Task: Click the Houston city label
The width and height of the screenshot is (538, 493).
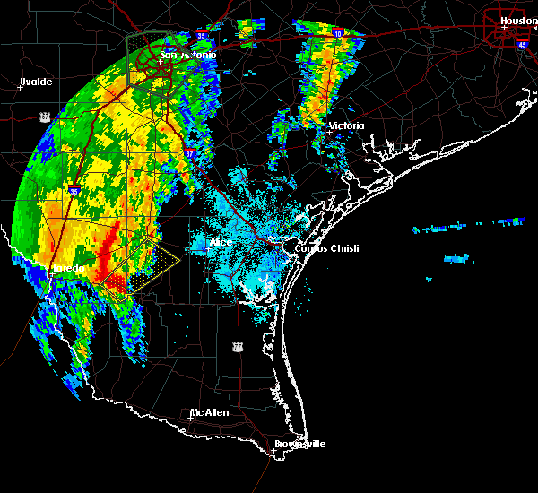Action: tap(518, 20)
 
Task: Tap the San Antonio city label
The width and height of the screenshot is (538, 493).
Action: tap(188, 56)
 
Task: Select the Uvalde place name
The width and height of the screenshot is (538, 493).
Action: tap(37, 82)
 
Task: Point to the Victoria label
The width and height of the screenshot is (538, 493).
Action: tap(347, 125)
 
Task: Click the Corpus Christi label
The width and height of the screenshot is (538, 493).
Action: tap(320, 247)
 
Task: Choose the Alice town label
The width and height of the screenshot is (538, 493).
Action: tap(221, 242)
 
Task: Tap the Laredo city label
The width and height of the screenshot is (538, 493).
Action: tap(66, 268)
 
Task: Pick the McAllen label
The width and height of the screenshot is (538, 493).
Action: tap(209, 412)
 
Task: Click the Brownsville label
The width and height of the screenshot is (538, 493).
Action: tap(299, 444)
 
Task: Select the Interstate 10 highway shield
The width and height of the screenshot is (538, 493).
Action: tap(337, 33)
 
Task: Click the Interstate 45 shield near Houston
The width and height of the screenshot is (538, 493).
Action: tap(521, 43)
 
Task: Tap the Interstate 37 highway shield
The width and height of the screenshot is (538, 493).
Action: tap(189, 153)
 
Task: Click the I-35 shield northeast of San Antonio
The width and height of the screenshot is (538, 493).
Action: tap(204, 36)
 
